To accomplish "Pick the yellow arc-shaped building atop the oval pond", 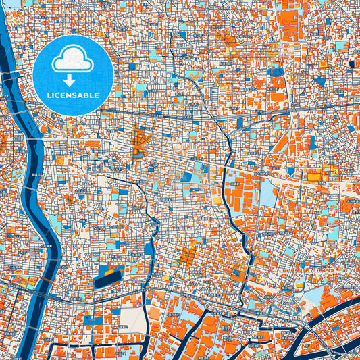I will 108,268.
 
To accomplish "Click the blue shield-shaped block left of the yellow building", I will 311,143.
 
